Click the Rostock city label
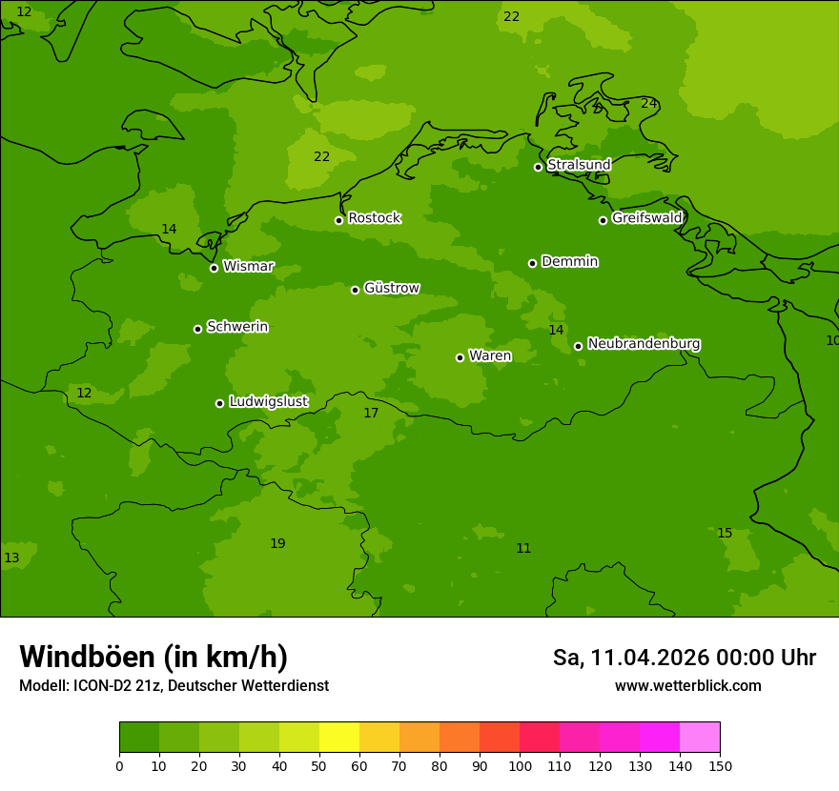pos(374,218)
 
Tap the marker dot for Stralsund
pos(538,167)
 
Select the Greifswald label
pos(646,218)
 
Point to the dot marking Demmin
pos(532,263)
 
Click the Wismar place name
pos(248,267)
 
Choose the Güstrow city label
pos(391,288)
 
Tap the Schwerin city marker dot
pos(197,329)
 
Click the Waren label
pos(489,355)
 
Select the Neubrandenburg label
pos(644,343)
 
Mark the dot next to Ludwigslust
pos(219,403)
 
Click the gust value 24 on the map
pos(648,103)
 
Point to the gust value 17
pos(371,413)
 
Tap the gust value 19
pos(277,543)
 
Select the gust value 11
pos(523,548)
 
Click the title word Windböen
pos(86,657)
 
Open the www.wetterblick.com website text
pos(687,686)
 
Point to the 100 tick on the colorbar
pos(520,765)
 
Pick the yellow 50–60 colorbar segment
pos(339,738)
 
